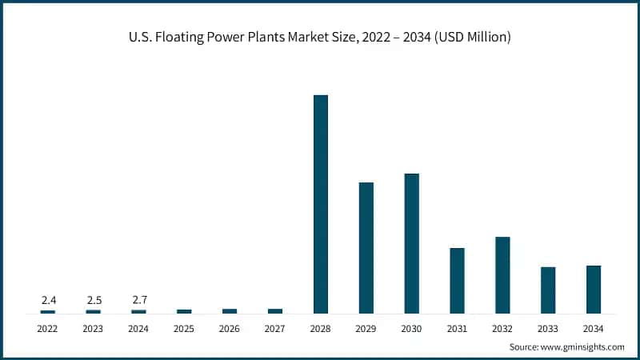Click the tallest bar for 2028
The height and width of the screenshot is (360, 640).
point(321,204)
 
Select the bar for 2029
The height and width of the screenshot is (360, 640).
point(366,248)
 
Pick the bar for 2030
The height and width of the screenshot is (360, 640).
point(411,243)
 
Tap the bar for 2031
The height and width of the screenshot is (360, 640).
point(457,281)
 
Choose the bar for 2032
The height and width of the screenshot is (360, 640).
point(502,275)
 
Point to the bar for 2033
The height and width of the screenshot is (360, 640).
point(548,290)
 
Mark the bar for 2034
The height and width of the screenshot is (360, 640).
point(594,289)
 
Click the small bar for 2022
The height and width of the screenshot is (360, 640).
point(48,311)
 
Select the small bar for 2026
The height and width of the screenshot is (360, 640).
point(230,310)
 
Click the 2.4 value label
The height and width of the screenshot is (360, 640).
point(48,300)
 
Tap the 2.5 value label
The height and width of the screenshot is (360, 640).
point(94,300)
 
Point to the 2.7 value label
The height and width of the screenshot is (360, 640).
point(139,300)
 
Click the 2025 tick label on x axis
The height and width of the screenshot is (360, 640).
point(184,329)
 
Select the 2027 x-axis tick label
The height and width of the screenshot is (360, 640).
point(275,329)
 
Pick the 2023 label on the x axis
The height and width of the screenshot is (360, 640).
point(94,329)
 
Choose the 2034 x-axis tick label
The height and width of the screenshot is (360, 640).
point(594,329)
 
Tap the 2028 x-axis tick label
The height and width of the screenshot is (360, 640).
point(321,329)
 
